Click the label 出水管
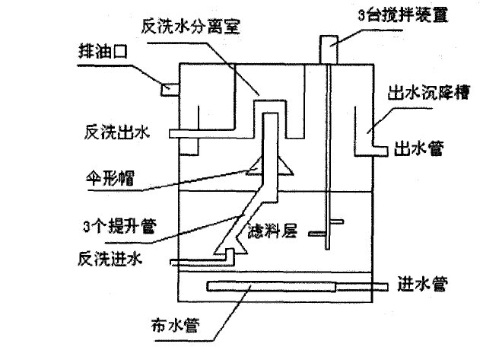tap(420, 149)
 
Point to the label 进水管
tap(420, 285)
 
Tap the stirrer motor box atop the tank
tap(329, 49)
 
